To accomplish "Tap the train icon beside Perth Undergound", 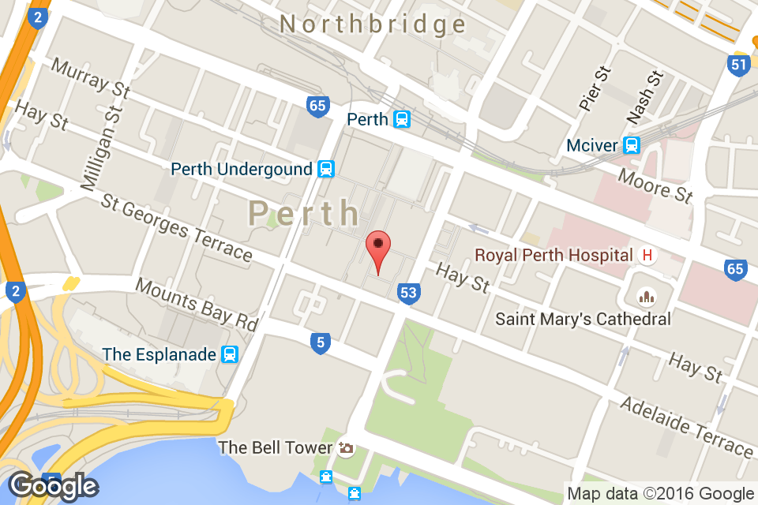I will pyautogui.click(x=325, y=169).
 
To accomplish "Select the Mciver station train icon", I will pyautogui.click(x=631, y=145).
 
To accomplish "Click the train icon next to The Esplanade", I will pyautogui.click(x=230, y=354).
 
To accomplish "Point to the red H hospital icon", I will pyautogui.click(x=647, y=255).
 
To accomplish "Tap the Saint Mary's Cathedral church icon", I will pyautogui.click(x=647, y=297).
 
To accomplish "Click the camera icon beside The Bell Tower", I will pyautogui.click(x=345, y=448).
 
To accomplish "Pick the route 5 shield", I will pyautogui.click(x=319, y=343).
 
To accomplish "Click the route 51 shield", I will pyautogui.click(x=738, y=65).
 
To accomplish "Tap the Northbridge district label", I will pyautogui.click(x=373, y=24).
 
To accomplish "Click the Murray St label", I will pyautogui.click(x=91, y=77).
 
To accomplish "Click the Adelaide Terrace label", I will pyautogui.click(x=686, y=427).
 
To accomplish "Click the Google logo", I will pyautogui.click(x=53, y=486).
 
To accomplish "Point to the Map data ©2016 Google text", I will pyautogui.click(x=660, y=494).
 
